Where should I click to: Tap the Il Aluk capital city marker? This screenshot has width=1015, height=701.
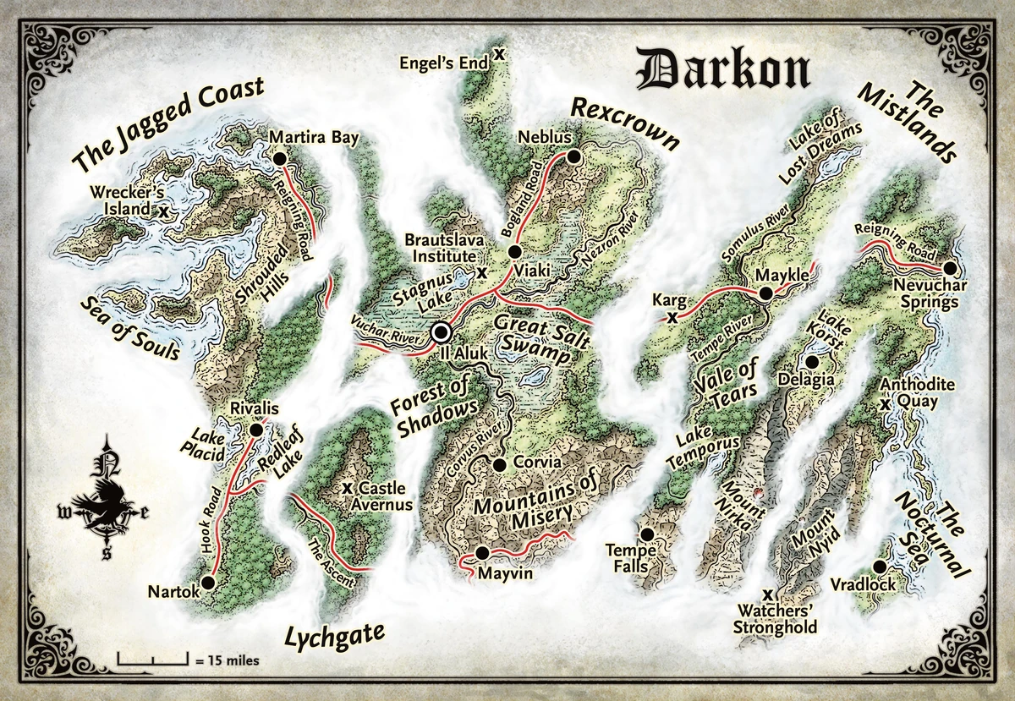(441, 332)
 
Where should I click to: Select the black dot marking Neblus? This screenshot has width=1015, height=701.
(573, 156)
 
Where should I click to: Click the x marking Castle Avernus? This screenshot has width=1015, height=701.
(347, 489)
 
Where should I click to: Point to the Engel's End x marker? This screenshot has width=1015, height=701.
(499, 53)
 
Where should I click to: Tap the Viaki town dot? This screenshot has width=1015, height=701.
(513, 251)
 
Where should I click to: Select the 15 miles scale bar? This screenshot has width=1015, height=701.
(152, 657)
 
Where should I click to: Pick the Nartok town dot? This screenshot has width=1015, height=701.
(209, 583)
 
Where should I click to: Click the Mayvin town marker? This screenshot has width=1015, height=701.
(481, 554)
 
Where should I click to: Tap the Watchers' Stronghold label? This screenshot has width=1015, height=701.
(775, 620)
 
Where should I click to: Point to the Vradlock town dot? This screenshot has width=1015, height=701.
(880, 566)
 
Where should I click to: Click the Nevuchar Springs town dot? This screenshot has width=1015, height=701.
(949, 268)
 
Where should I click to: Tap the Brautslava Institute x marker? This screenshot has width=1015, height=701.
(481, 272)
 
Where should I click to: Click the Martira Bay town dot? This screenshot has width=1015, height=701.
(279, 157)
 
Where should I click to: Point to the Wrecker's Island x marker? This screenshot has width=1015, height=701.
(162, 210)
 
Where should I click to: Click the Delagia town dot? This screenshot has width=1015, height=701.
(812, 362)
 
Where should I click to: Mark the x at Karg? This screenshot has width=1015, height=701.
(672, 318)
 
